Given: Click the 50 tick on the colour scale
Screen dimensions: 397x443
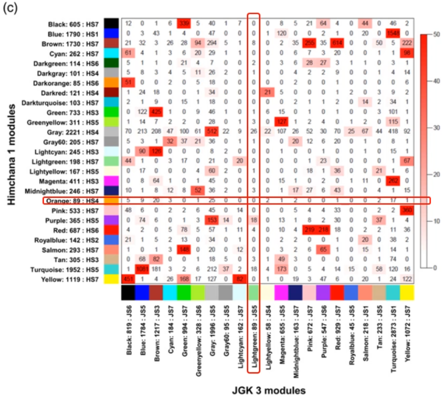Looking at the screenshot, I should click(x=435, y=33).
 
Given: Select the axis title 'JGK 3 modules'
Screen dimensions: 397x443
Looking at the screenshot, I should click(x=269, y=389).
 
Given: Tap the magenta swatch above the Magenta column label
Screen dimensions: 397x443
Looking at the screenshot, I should click(x=281, y=293).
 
